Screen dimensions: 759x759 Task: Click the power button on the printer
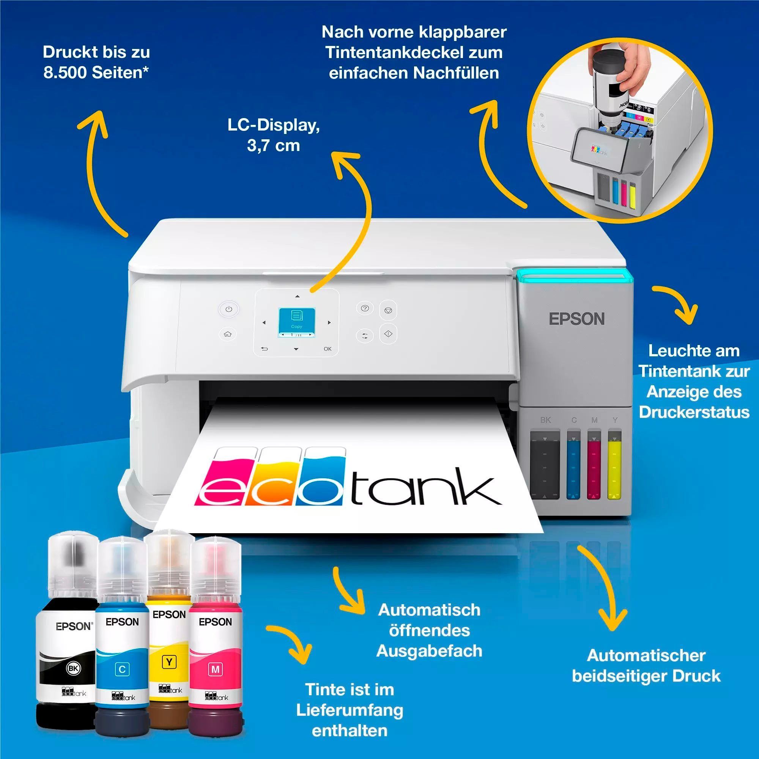(x=228, y=309)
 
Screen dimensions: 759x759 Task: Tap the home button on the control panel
(x=227, y=334)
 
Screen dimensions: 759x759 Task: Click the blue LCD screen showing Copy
(x=297, y=323)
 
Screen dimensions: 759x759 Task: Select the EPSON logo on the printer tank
(x=576, y=319)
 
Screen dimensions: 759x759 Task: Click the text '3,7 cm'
(x=273, y=146)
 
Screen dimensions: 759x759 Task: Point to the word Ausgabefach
(x=429, y=651)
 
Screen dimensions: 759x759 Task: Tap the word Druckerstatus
(x=694, y=412)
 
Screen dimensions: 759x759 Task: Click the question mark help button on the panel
(x=365, y=309)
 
